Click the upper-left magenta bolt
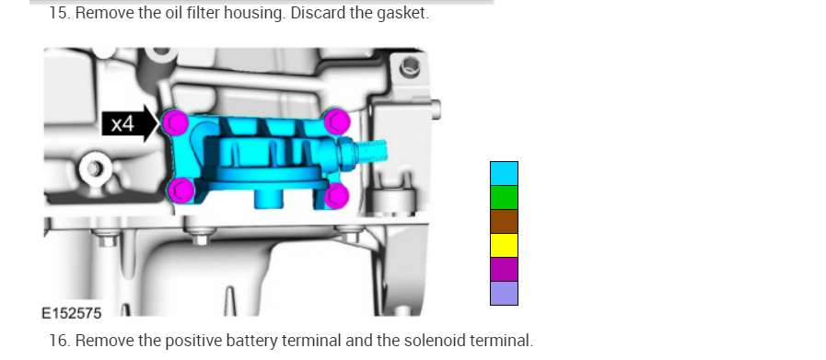[x=176, y=122]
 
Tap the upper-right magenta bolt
[x=337, y=122]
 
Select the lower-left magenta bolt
[x=180, y=191]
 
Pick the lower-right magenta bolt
[x=336, y=195]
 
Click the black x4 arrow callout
[x=130, y=124]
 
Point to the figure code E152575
[x=72, y=314]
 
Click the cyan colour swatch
[x=504, y=173]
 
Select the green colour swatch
[x=504, y=198]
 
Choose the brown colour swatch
[x=504, y=221]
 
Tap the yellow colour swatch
[x=504, y=245]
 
